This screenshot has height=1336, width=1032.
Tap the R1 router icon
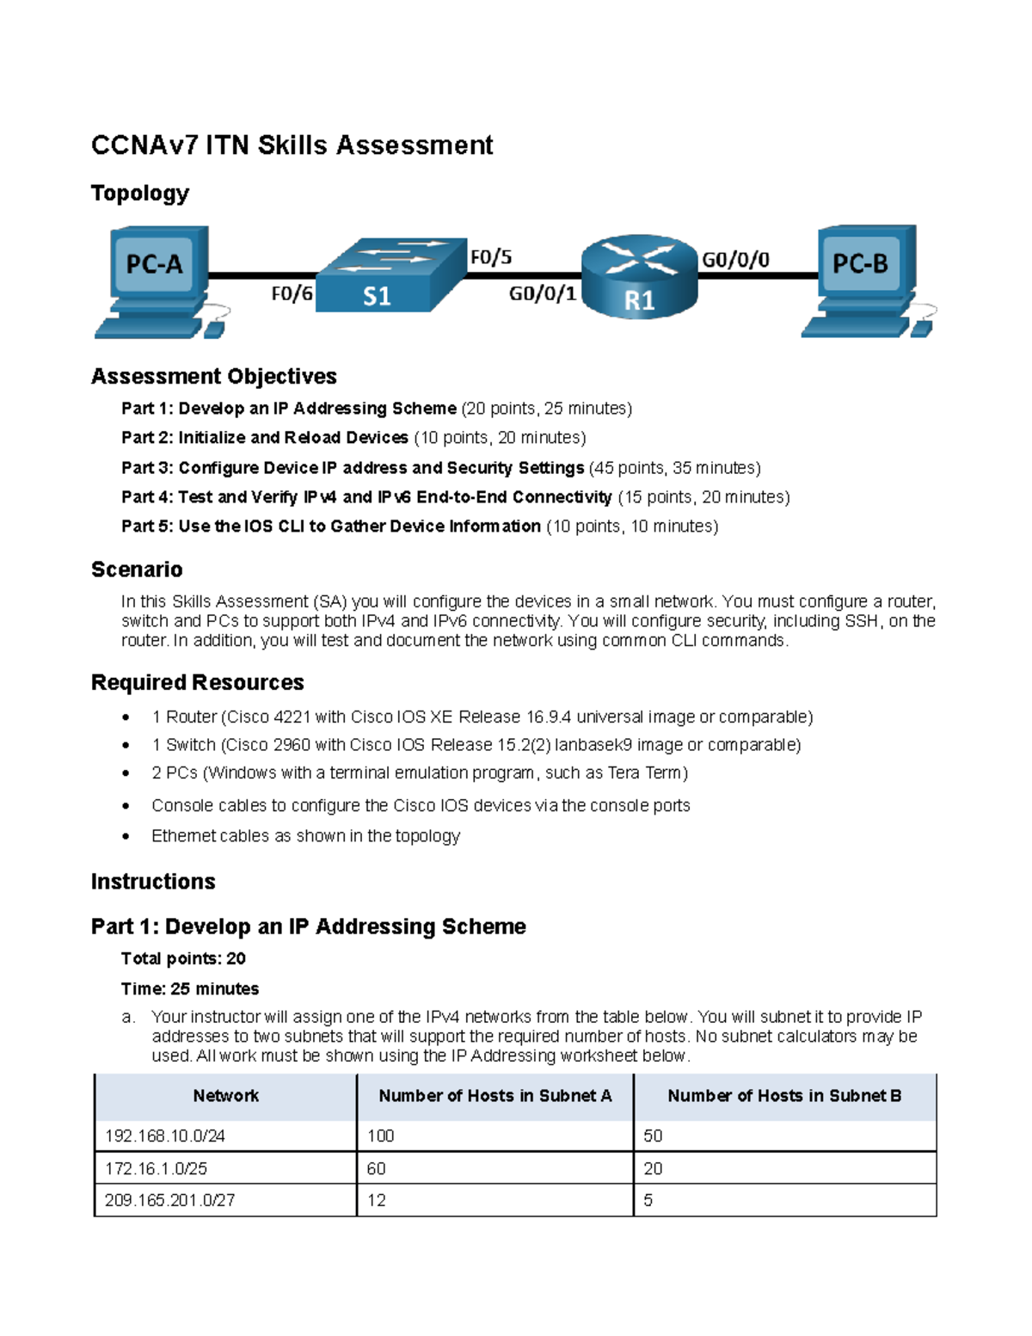coord(639,277)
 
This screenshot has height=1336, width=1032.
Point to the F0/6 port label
coord(292,294)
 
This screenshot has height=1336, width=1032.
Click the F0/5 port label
coord(491,257)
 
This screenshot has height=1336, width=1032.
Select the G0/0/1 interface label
coord(542,294)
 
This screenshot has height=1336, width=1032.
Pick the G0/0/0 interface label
coord(735,260)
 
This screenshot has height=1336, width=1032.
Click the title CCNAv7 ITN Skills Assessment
coord(292,145)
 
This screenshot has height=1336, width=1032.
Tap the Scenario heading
coord(137,569)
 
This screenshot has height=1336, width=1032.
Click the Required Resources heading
coord(197,682)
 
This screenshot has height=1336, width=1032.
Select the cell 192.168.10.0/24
coord(165,1136)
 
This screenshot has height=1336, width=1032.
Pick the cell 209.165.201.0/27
coord(169,1200)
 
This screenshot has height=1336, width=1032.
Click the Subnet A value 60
coord(377,1168)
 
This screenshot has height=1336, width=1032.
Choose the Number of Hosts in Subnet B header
coord(783,1096)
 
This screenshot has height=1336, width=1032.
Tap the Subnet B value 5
coord(648,1200)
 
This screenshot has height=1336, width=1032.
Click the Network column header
coord(225,1096)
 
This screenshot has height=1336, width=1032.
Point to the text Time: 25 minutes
coord(190,988)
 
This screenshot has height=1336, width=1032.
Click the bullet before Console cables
coord(126,806)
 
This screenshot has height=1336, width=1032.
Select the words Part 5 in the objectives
coord(146,526)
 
